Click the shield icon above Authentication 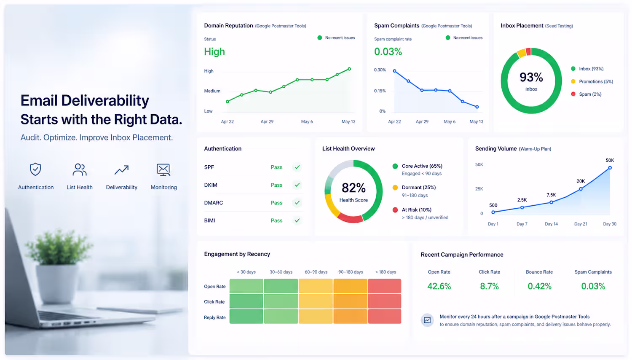pyautogui.click(x=35, y=169)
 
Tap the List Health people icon pyautogui.click(x=80, y=169)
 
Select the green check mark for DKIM pyautogui.click(x=297, y=185)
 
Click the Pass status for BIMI pyautogui.click(x=276, y=220)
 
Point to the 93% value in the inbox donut pyautogui.click(x=531, y=77)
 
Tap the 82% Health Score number pyautogui.click(x=353, y=188)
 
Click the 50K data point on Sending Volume pyautogui.click(x=610, y=168)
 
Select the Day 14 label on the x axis pyautogui.click(x=551, y=224)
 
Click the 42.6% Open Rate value pyautogui.click(x=439, y=286)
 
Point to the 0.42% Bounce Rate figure pyautogui.click(x=539, y=286)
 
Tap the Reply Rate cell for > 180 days pyautogui.click(x=385, y=316)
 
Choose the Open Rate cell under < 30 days pyautogui.click(x=246, y=286)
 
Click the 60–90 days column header pyautogui.click(x=316, y=272)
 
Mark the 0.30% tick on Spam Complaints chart pyautogui.click(x=380, y=70)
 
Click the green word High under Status pyautogui.click(x=214, y=52)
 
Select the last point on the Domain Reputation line pyautogui.click(x=349, y=69)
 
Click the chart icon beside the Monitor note pyautogui.click(x=428, y=320)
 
